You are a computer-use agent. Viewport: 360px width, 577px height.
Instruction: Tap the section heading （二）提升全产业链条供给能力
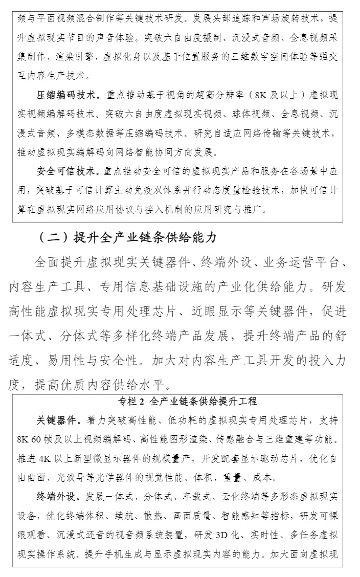point(127,237)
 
